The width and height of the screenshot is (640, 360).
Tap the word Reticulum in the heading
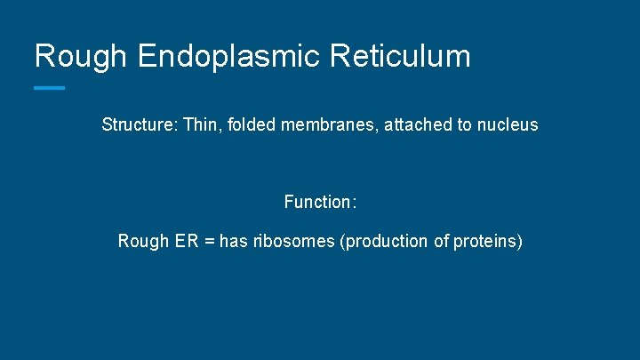click(399, 57)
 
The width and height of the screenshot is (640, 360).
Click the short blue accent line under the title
click(49, 88)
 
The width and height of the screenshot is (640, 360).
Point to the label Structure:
click(140, 125)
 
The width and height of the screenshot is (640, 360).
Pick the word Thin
click(201, 125)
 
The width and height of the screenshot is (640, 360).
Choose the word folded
click(252, 125)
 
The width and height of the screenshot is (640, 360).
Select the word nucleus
click(508, 125)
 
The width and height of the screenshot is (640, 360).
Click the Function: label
click(320, 203)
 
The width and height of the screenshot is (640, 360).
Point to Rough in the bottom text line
click(142, 242)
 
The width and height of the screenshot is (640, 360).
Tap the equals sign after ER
click(210, 242)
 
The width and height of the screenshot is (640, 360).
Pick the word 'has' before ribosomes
click(233, 242)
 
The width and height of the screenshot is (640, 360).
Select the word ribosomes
click(293, 242)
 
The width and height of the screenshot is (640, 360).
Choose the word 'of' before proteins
click(441, 242)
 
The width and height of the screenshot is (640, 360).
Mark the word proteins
click(488, 242)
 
